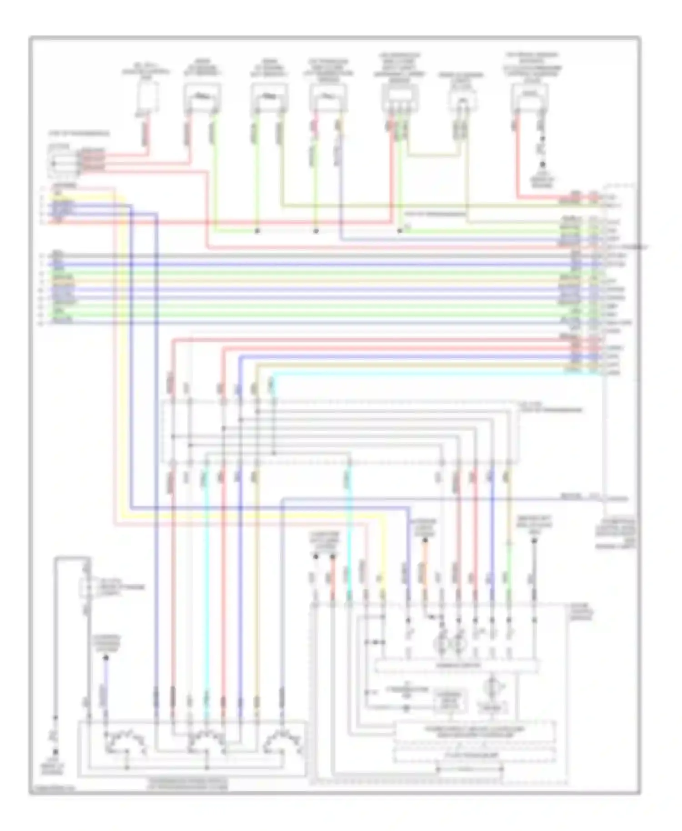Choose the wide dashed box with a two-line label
(x=475, y=731)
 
